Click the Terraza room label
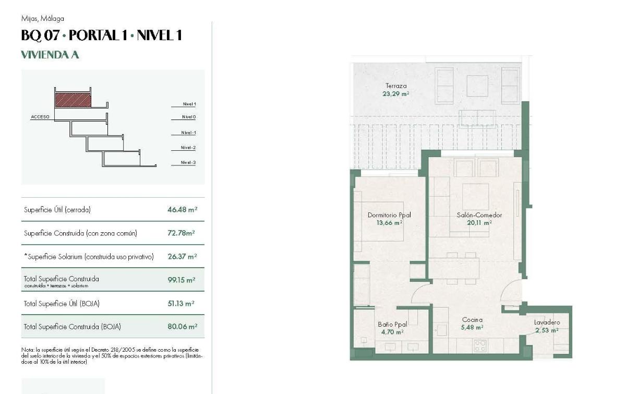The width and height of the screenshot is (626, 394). click(396, 86)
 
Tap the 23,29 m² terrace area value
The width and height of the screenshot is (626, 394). click(396, 94)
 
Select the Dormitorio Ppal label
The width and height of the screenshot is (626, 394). click(389, 215)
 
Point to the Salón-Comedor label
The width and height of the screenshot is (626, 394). click(479, 215)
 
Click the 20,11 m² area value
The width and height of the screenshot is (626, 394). click(479, 223)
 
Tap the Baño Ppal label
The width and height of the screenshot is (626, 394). click(392, 324)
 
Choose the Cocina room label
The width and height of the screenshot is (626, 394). click(472, 319)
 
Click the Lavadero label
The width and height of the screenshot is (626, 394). click(547, 323)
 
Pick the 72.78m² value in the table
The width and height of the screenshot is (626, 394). click(182, 233)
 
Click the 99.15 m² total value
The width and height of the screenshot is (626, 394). click(181, 280)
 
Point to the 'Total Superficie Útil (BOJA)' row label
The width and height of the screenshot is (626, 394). click(62, 303)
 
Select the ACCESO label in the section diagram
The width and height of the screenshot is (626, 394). click(40, 117)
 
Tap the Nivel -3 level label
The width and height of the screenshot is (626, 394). click(188, 163)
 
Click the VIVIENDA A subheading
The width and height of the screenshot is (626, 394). click(50, 55)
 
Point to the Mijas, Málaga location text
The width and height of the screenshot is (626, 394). click(43, 19)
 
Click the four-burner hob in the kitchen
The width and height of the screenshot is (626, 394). click(480, 345)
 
